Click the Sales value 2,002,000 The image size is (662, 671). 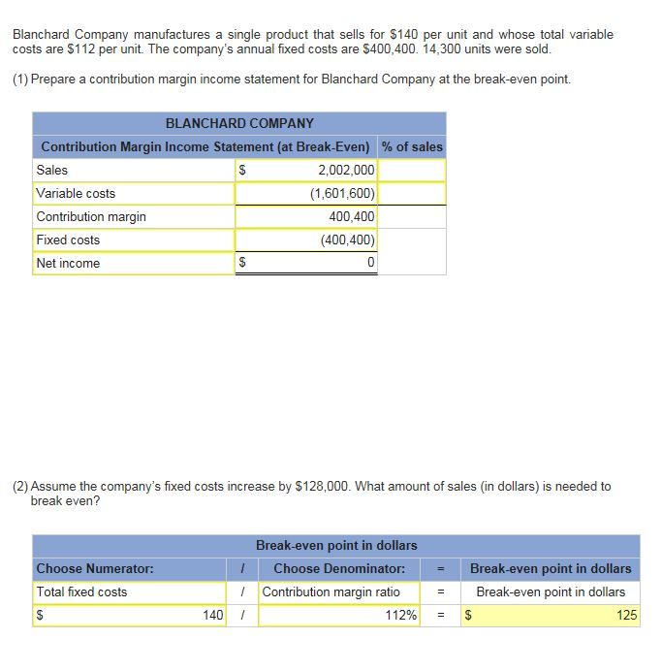pos(346,170)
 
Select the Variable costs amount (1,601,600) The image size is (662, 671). pos(342,193)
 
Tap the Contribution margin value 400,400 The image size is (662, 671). pos(352,216)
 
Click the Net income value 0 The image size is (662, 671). pos(370,263)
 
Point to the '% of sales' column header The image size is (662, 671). pos(412,146)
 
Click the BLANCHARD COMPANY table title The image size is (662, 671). pos(239,123)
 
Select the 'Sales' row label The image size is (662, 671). pos(52,170)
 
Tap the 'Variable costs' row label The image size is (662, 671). pos(76,193)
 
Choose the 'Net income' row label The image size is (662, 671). pos(68,263)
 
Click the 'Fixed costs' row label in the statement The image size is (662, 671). pos(68,240)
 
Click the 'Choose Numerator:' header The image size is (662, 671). pos(94,568)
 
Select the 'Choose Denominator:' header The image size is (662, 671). pos(339,568)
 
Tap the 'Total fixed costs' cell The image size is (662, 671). pos(81,591)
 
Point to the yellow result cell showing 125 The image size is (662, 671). pos(552,615)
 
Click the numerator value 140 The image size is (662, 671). pos(213,615)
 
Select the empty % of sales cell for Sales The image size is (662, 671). pos(412,170)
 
